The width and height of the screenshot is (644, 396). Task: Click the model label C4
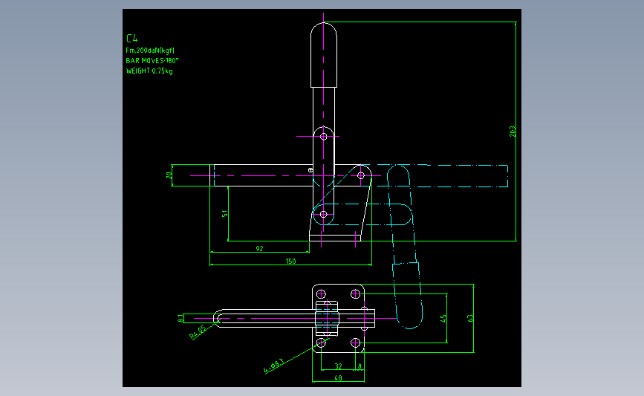coord(133,38)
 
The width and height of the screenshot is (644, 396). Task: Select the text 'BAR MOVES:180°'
coord(153,60)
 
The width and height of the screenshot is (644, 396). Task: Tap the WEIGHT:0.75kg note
coord(149,71)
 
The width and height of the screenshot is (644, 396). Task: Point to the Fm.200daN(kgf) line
coord(151,50)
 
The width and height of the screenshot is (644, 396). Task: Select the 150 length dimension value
coord(290,261)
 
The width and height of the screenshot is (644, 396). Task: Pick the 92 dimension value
coord(259,248)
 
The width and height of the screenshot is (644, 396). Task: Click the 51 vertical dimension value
coord(224,214)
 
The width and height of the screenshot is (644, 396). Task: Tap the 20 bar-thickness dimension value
coord(169,175)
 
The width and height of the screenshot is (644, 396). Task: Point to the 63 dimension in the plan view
coord(470,317)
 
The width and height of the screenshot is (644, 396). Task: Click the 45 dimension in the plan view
coord(443,318)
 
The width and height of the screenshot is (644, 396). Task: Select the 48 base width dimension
coord(338,378)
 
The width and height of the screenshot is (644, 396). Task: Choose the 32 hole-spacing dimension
coord(338,366)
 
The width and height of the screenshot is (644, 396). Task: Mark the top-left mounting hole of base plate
coord(321,291)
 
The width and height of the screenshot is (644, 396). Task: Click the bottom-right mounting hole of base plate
coord(356,343)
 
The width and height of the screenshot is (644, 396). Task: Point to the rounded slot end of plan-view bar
coord(219,318)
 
